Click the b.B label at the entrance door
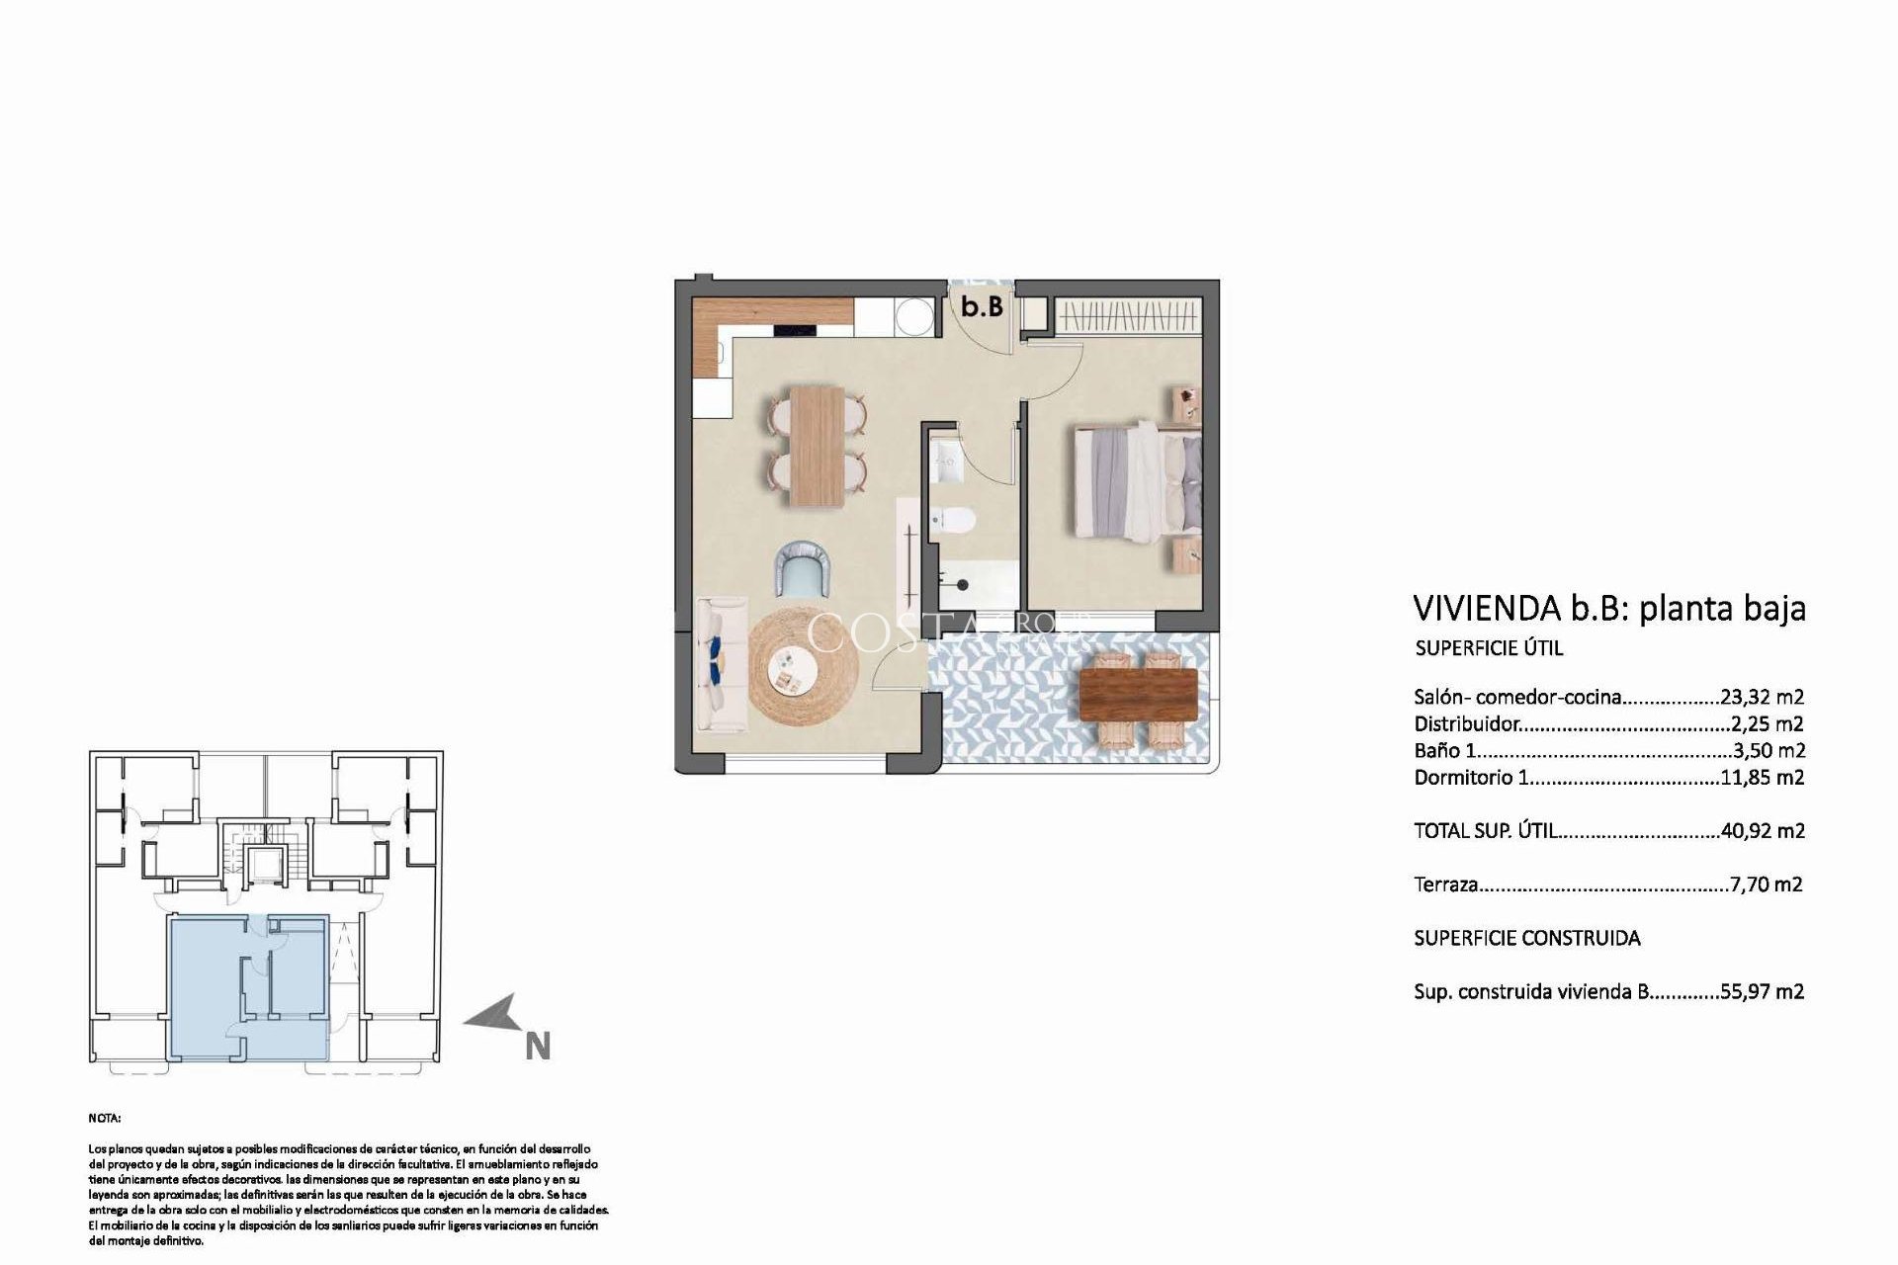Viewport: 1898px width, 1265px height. point(983,307)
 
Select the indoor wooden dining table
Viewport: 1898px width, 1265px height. point(817,445)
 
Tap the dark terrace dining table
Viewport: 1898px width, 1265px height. point(1140,694)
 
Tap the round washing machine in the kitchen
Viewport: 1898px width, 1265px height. point(908,317)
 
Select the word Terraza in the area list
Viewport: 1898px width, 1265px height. point(1445,885)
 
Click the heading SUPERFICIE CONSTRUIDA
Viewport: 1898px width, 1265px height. point(1526,938)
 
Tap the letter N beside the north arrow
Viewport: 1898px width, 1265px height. point(538,1047)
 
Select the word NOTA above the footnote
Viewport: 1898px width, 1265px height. point(105,1120)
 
